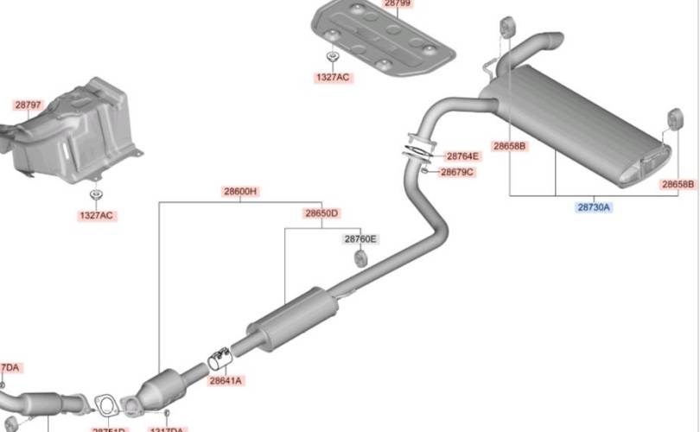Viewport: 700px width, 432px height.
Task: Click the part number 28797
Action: pos(27,105)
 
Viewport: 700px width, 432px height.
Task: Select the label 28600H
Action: pos(240,191)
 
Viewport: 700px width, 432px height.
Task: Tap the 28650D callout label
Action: pos(321,213)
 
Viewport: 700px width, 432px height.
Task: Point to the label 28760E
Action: pos(360,238)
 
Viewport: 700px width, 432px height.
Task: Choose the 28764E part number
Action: pos(461,156)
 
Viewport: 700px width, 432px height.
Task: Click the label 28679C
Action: pos(457,172)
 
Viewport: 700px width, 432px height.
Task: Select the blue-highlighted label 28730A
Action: pos(594,207)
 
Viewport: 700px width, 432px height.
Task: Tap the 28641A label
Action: pos(226,380)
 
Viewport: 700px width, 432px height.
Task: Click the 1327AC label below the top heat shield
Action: pos(332,78)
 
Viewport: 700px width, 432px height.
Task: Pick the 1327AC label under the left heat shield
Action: pos(95,215)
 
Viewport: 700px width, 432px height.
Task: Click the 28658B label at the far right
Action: pos(678,184)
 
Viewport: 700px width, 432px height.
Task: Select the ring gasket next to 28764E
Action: pos(418,149)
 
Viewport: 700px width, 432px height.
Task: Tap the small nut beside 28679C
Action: pos(425,170)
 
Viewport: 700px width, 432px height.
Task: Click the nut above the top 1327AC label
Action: pos(332,58)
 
